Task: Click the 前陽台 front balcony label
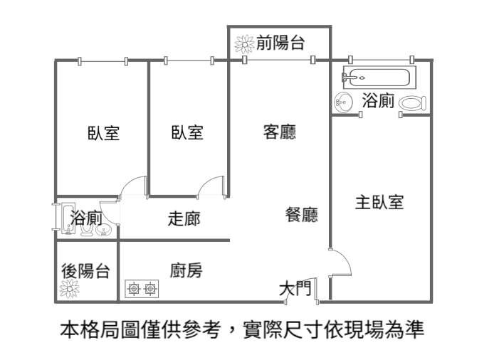[x=280, y=43]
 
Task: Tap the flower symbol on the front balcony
[x=244, y=44]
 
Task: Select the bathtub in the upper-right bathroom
[x=374, y=75]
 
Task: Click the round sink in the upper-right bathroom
[x=345, y=102]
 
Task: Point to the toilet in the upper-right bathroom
[x=411, y=103]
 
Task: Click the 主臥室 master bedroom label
[x=379, y=202]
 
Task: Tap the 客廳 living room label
[x=279, y=132]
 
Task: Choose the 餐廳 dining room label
[x=301, y=215]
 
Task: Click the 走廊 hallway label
[x=184, y=218]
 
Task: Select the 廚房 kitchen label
[x=186, y=270]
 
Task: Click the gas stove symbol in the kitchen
[x=142, y=288]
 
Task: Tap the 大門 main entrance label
[x=295, y=288]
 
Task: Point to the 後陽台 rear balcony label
[x=85, y=270]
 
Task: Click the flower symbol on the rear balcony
[x=70, y=289]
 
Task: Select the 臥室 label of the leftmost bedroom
[x=103, y=133]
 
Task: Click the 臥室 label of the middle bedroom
[x=187, y=133]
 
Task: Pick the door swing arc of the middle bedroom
[x=211, y=186]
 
